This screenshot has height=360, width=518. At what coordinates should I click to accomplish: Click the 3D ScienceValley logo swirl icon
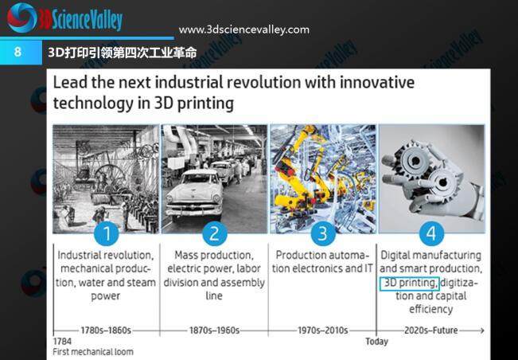(x=21, y=18)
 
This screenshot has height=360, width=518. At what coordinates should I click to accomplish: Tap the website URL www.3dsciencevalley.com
(x=244, y=29)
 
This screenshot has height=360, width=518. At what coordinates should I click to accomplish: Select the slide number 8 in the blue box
(x=18, y=52)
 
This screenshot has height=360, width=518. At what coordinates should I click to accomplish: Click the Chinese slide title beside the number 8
(x=123, y=53)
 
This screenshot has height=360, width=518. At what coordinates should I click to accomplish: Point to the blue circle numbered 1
(x=107, y=233)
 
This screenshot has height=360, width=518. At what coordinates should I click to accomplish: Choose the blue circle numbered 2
(x=214, y=233)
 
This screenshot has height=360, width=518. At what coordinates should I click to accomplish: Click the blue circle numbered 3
(x=323, y=233)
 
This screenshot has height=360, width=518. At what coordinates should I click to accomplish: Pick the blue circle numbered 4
(x=431, y=233)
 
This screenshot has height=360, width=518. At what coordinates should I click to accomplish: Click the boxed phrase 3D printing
(x=410, y=284)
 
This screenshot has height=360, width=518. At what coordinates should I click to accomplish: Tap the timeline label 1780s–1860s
(x=106, y=331)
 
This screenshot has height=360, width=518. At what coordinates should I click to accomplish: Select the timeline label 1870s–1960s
(x=214, y=331)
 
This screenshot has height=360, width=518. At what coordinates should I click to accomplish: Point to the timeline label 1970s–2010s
(x=323, y=331)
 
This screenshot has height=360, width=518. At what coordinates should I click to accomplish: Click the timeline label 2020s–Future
(x=431, y=331)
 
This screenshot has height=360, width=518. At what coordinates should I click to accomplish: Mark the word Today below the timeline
(x=376, y=342)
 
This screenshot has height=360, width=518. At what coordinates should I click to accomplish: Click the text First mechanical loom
(x=93, y=352)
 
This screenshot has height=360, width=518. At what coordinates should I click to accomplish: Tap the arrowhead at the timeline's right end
(x=482, y=331)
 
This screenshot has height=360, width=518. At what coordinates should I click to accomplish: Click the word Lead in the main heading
(x=70, y=83)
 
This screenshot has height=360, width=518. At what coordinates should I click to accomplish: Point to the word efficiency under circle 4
(x=431, y=309)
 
